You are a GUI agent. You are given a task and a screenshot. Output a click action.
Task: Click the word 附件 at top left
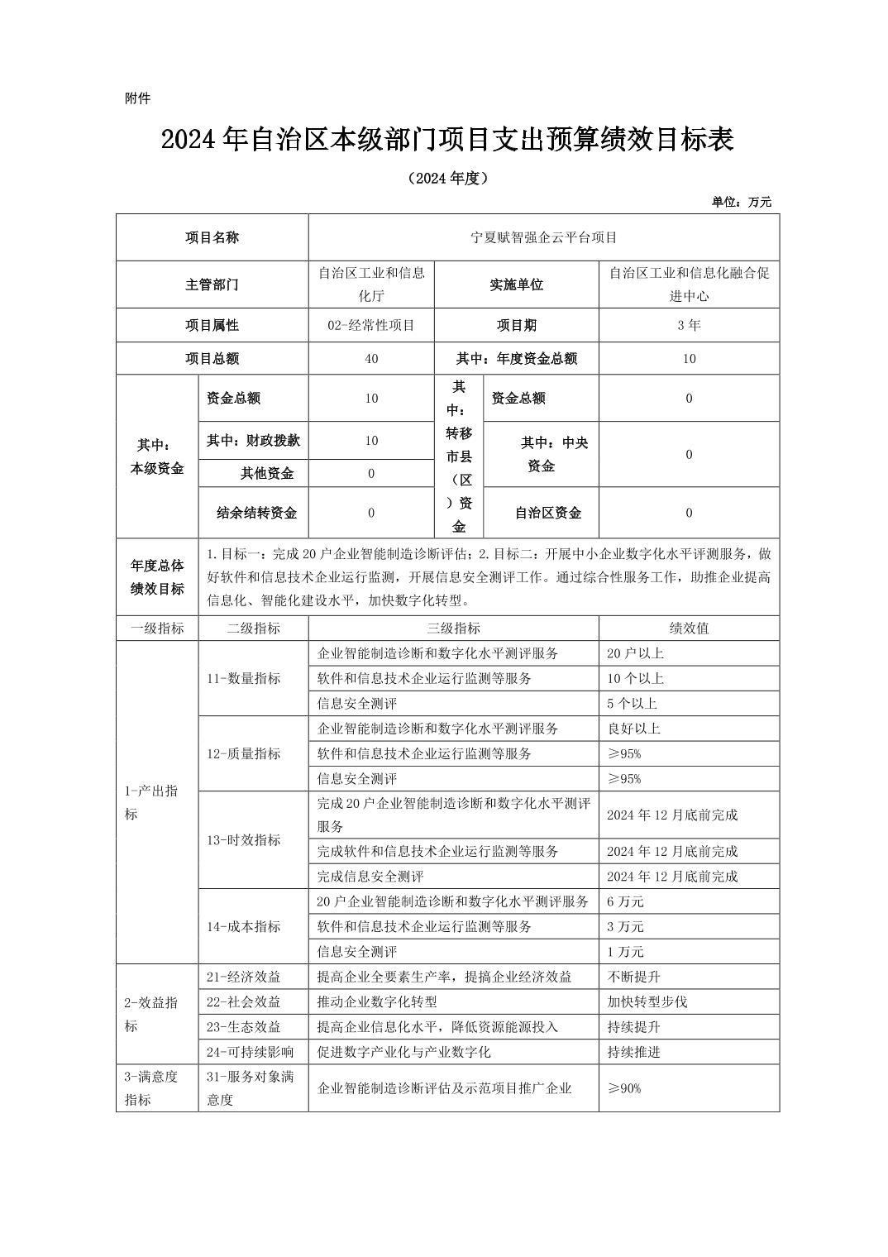(x=137, y=98)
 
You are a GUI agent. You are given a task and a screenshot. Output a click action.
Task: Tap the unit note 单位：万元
(x=741, y=202)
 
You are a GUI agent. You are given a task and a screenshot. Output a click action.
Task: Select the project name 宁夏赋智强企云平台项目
(x=543, y=237)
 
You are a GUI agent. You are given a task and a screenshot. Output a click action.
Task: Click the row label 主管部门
(x=212, y=284)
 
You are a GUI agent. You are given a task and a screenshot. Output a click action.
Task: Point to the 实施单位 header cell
(x=516, y=284)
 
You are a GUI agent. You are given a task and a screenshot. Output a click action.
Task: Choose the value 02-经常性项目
(x=370, y=325)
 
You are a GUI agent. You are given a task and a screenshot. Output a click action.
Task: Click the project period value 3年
(x=689, y=325)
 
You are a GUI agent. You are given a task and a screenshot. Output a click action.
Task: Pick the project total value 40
(x=370, y=359)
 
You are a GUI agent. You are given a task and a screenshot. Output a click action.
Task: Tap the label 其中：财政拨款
(x=253, y=441)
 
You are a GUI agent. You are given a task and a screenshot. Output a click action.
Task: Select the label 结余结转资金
(x=256, y=513)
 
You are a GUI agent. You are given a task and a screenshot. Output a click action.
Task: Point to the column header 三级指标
(x=453, y=628)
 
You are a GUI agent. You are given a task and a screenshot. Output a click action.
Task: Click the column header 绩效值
(x=689, y=628)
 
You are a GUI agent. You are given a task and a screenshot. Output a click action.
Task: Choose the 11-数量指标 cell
(x=244, y=678)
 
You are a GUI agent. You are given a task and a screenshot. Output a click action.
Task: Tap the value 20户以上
(x=635, y=653)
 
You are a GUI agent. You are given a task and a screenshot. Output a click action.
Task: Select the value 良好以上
(x=633, y=729)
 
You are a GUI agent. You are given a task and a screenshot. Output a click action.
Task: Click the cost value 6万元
(x=625, y=901)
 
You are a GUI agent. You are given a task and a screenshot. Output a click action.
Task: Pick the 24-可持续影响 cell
(x=250, y=1052)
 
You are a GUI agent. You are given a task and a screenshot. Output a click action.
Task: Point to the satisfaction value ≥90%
(x=624, y=1088)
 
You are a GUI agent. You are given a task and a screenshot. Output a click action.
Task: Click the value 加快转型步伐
(x=647, y=1001)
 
